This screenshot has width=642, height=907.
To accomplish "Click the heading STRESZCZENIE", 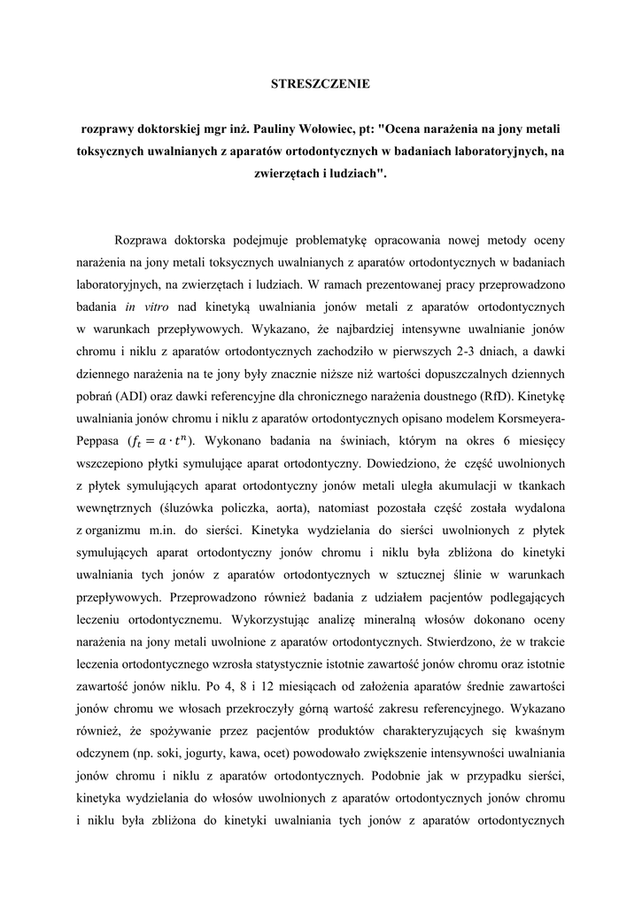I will tap(320, 85).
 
